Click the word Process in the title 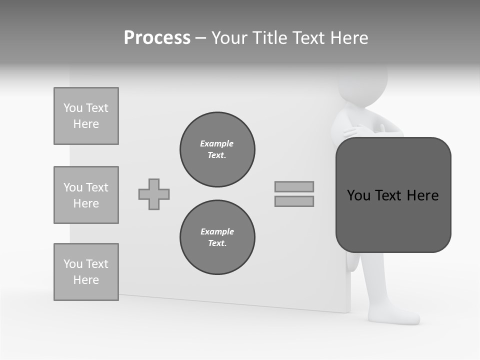click(x=157, y=38)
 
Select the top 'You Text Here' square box click(x=86, y=116)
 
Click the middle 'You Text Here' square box click(x=86, y=195)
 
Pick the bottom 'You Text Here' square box click(x=86, y=272)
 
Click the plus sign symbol click(x=154, y=194)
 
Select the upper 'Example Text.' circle click(x=217, y=149)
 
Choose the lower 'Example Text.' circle click(x=217, y=237)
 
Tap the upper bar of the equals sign click(x=294, y=186)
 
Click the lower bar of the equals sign click(x=294, y=201)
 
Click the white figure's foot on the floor click(x=397, y=316)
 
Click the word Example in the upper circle click(x=217, y=143)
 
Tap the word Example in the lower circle click(x=217, y=231)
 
